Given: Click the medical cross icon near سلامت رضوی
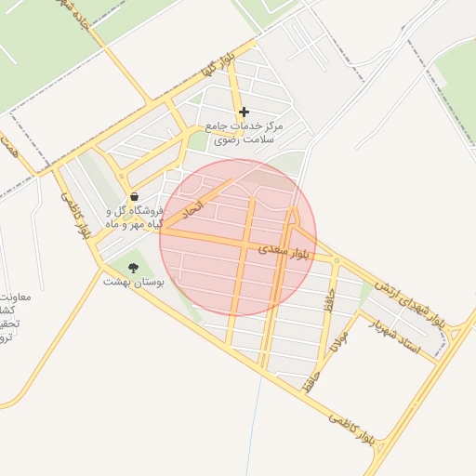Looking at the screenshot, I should tap(244, 112).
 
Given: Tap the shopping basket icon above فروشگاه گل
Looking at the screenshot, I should tap(136, 197).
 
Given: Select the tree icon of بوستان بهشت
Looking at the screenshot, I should tap(133, 268).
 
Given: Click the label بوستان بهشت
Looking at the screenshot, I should tap(133, 281).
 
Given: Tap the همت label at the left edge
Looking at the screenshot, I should tap(10, 148).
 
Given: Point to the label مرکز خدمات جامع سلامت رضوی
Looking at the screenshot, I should tap(245, 132).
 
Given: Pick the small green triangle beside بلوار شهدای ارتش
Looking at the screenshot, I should tap(365, 291).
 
